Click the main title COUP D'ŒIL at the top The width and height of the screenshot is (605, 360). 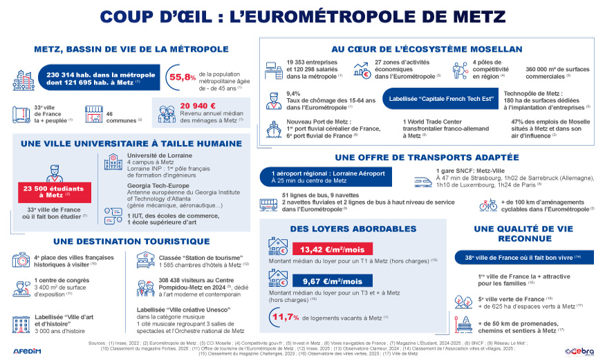point(302,15)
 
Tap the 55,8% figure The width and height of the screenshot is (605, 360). point(181,78)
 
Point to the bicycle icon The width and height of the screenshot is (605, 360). point(488,205)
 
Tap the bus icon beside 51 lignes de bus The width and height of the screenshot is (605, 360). point(268,205)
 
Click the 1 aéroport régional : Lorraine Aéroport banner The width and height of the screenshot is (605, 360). point(328,177)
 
